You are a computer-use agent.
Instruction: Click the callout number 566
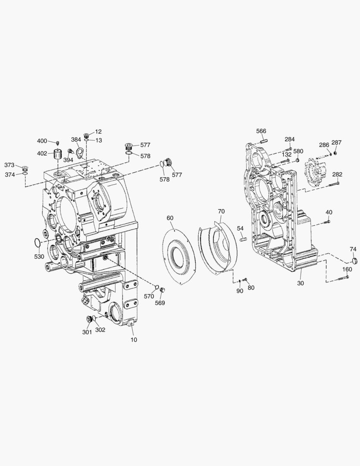(261, 131)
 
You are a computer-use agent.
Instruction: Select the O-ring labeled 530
(37, 242)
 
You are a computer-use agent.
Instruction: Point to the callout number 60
(170, 218)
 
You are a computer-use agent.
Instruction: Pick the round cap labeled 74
(353, 261)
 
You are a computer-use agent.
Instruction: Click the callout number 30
(301, 283)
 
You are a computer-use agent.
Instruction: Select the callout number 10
(134, 340)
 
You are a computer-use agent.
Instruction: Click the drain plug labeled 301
(88, 319)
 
